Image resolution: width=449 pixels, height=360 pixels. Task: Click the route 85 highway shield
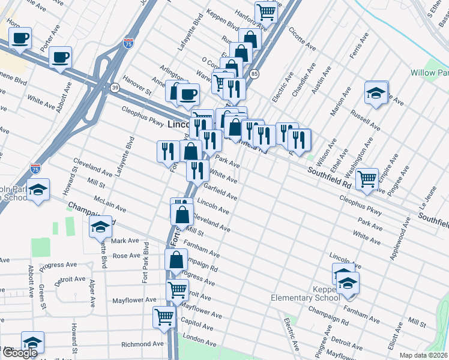pos(255,74)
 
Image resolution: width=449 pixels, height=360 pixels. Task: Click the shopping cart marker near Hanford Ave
pos(265,11)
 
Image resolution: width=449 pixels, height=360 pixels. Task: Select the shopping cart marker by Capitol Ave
pos(164,316)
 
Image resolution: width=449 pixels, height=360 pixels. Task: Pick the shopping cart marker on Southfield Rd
pos(367,178)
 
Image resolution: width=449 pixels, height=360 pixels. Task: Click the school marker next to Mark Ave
pos(100,227)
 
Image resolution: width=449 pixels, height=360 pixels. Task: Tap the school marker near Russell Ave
pos(376,93)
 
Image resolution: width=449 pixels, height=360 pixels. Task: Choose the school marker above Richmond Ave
pos(32,342)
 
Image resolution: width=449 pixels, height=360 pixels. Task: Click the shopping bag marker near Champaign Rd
pos(176,260)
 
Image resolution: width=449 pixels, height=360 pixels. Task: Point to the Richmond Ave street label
pos(142,344)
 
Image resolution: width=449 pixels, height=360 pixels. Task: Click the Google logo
pos(19,353)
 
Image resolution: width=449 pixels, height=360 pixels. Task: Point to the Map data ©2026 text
pos(423,355)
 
